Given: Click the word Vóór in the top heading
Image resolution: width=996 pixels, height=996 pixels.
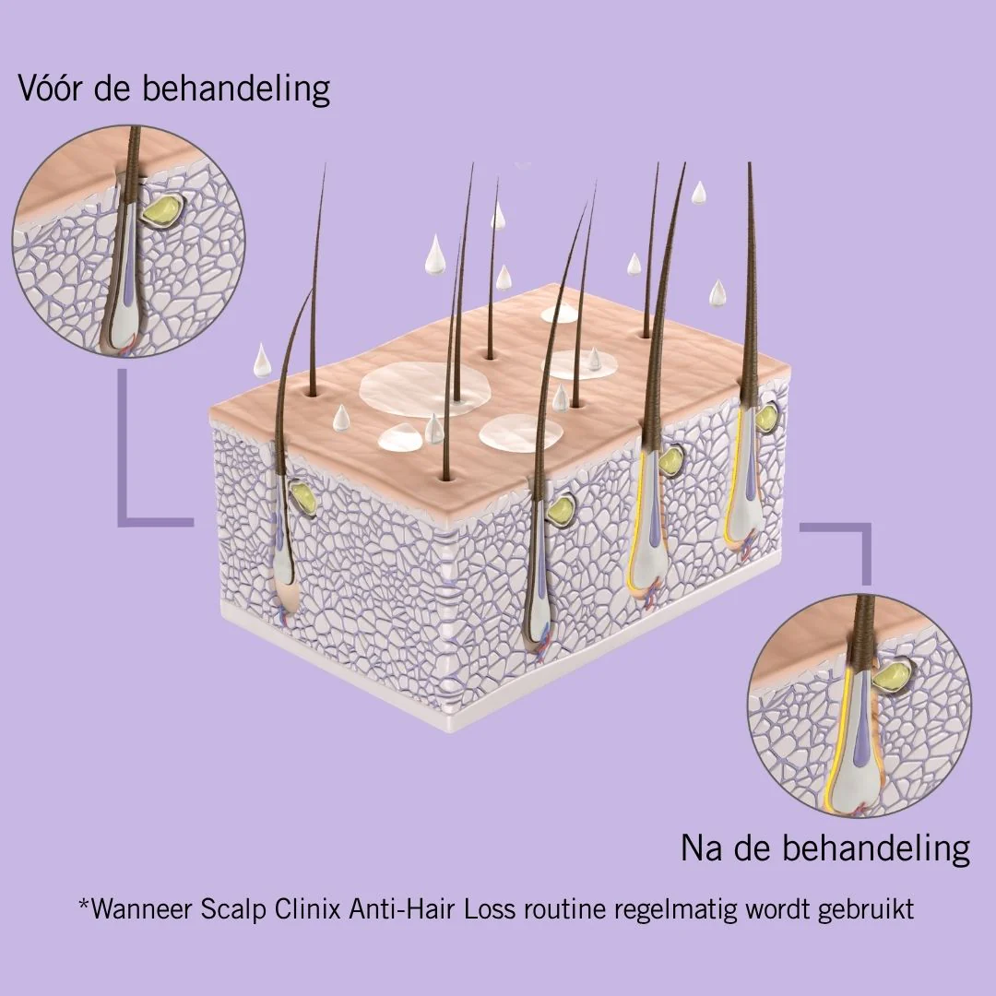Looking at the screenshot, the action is [50, 89].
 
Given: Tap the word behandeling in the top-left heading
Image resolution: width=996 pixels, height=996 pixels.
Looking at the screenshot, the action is [236, 89].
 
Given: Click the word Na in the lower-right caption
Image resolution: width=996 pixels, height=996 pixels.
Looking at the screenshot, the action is [701, 848].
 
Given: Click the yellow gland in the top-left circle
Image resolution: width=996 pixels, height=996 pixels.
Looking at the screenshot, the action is [162, 210].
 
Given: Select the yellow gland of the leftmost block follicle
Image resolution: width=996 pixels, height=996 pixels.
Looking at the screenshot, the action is [303, 498].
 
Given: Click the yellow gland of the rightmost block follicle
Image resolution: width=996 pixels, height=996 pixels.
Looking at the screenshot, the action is [766, 416].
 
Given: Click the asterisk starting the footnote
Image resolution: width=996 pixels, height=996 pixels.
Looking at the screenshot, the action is [84, 903].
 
